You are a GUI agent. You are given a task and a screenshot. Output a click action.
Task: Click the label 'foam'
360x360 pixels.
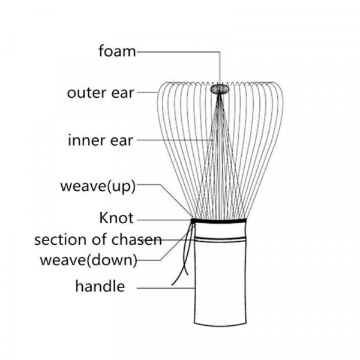pyautogui.click(x=117, y=52)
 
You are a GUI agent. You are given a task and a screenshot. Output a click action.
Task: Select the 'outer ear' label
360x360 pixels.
pyautogui.click(x=100, y=93)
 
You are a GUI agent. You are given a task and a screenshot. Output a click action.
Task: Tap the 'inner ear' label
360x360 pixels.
pyautogui.click(x=100, y=141)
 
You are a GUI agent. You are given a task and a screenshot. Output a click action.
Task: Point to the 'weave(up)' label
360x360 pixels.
pyautogui.click(x=98, y=185)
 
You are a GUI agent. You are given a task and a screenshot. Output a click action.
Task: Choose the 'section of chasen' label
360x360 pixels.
pyautogui.click(x=98, y=240)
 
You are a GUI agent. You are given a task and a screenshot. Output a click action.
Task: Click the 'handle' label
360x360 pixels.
pyautogui.click(x=100, y=286)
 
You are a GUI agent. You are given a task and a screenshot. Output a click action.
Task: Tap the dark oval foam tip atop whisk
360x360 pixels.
pyautogui.click(x=220, y=89)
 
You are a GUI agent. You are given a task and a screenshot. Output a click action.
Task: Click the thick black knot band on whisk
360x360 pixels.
pyautogui.click(x=219, y=221)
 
